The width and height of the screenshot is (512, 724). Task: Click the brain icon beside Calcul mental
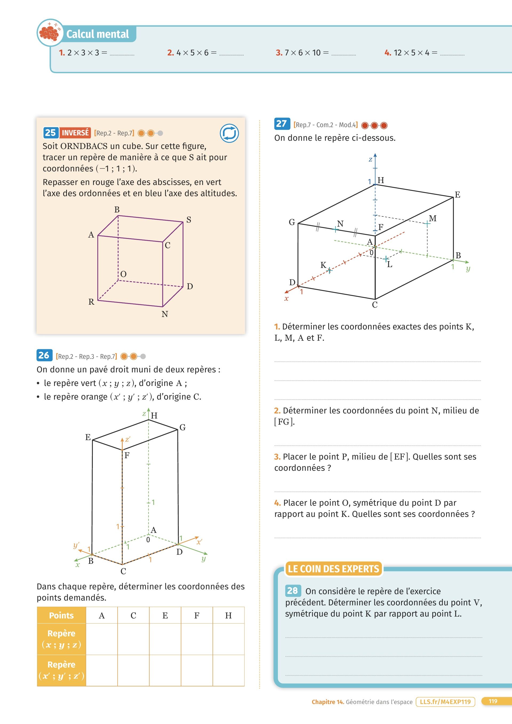[50, 33]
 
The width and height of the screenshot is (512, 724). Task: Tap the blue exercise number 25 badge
[50, 133]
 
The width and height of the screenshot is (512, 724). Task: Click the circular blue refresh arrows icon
[229, 133]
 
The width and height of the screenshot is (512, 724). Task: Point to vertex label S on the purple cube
[189, 220]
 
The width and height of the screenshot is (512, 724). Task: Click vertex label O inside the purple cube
[123, 274]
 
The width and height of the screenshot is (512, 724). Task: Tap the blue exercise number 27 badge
[282, 124]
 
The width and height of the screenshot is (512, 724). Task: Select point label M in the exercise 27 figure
[433, 218]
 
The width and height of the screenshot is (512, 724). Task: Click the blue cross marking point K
[330, 270]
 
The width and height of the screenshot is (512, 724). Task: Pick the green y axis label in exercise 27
[468, 268]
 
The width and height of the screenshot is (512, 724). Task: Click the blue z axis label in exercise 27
[370, 160]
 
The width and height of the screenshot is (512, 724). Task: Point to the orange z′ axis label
[127, 439]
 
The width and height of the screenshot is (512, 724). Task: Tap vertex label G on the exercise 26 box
[182, 427]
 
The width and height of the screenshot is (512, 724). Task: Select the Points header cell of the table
[62, 615]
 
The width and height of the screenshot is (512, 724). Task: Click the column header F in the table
[197, 615]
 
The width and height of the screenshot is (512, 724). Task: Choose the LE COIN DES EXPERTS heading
[333, 569]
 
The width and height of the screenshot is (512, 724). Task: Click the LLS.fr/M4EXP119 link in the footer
[445, 702]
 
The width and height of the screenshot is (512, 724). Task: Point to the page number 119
[493, 701]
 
